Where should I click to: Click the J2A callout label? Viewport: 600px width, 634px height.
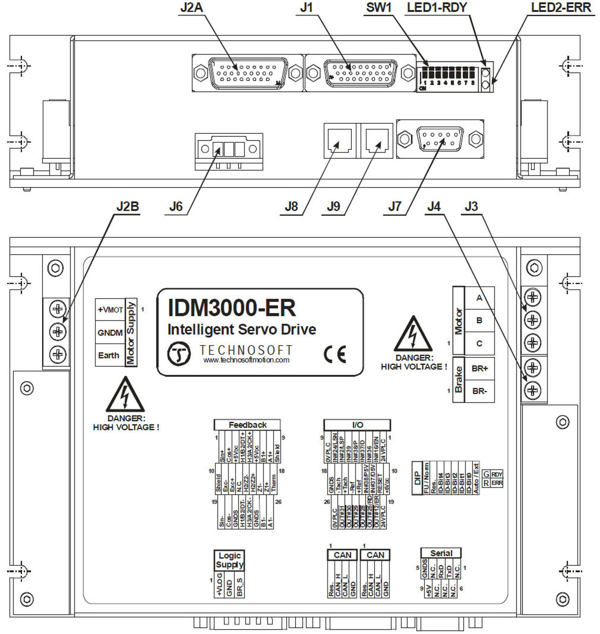[x=191, y=8]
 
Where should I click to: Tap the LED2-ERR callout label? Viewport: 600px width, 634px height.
[x=561, y=8]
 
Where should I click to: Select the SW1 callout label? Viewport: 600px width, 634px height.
[x=379, y=8]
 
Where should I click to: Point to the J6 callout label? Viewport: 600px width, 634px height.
[x=176, y=206]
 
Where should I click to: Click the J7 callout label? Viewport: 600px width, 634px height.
[x=395, y=206]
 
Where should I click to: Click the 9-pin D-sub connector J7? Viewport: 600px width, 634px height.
[x=440, y=139]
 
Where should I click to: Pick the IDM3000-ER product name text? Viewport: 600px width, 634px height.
[x=232, y=308]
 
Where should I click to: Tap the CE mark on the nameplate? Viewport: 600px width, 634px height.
[x=335, y=354]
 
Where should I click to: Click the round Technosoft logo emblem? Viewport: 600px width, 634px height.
[x=179, y=354]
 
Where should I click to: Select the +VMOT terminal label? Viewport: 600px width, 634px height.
[x=110, y=310]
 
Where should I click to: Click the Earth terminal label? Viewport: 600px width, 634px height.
[x=109, y=355]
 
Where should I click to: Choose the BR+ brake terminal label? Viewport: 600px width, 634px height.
[x=480, y=369]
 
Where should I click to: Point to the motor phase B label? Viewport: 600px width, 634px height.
[x=479, y=320]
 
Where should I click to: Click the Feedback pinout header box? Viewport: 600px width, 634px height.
[x=248, y=425]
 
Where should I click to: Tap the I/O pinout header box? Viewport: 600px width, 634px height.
[x=357, y=425]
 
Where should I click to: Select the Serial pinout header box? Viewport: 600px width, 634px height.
[x=441, y=553]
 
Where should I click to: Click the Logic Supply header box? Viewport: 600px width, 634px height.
[x=229, y=560]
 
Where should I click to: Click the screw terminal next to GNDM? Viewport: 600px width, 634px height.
[x=58, y=332]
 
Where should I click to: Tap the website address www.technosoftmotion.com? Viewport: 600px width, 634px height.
[x=246, y=360]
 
